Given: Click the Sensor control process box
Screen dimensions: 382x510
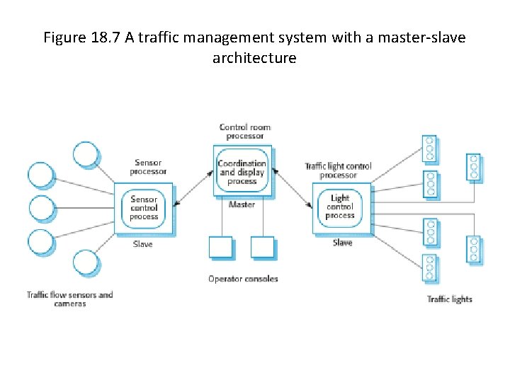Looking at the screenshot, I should pyautogui.click(x=144, y=207).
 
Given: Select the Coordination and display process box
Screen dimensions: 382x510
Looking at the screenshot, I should pyautogui.click(x=242, y=172).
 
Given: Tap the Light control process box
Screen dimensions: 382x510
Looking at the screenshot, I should pyautogui.click(x=340, y=207).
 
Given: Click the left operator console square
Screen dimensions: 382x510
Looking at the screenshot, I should pyautogui.click(x=221, y=248).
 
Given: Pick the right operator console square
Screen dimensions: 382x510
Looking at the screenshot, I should pyautogui.click(x=262, y=248).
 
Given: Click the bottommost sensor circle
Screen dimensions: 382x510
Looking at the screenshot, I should pyautogui.click(x=87, y=262).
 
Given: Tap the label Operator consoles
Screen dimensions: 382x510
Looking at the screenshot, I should pyautogui.click(x=243, y=279).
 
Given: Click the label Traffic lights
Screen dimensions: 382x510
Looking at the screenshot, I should pyautogui.click(x=449, y=299).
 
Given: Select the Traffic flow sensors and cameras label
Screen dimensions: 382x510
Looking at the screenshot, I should pyautogui.click(x=69, y=299).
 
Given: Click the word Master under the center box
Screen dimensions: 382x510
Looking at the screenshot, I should pyautogui.click(x=242, y=204).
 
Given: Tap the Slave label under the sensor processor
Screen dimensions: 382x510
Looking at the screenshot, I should pyautogui.click(x=142, y=244).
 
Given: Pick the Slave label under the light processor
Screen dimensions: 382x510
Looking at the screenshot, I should pyautogui.click(x=342, y=243).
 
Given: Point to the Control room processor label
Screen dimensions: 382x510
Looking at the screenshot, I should pyautogui.click(x=244, y=132).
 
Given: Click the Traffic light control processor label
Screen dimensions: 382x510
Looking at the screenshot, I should pyautogui.click(x=338, y=170).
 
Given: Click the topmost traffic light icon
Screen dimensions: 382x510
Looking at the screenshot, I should pyautogui.click(x=429, y=148).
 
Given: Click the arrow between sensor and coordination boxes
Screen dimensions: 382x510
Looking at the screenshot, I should pyautogui.click(x=193, y=188).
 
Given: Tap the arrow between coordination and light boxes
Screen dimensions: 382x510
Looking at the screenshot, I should pyautogui.click(x=292, y=187).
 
